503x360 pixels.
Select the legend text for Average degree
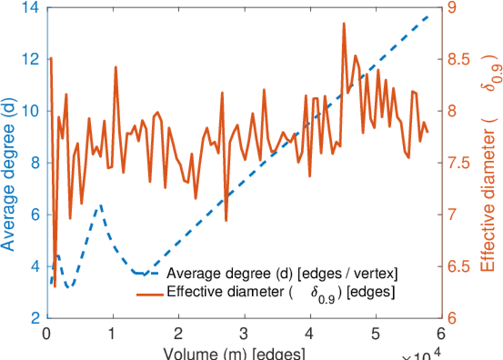282,274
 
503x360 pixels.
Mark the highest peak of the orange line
344,23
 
